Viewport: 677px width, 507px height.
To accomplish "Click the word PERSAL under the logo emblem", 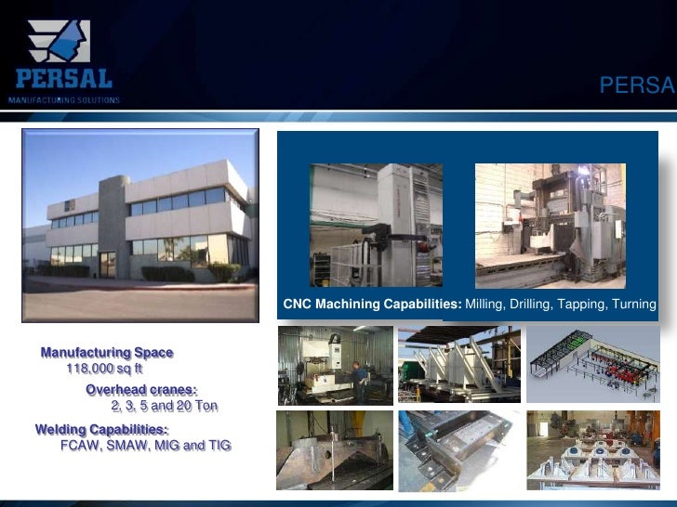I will [x=61, y=79].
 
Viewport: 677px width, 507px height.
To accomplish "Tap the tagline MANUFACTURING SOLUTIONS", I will [x=64, y=99].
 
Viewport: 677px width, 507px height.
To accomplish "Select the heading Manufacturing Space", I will [x=106, y=353].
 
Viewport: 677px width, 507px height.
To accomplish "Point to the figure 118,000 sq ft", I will [x=103, y=370].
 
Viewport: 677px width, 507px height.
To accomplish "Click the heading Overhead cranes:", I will [x=141, y=389].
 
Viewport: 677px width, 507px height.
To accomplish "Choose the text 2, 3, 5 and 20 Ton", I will [x=164, y=406].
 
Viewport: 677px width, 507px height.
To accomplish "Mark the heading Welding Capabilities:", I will [x=102, y=429].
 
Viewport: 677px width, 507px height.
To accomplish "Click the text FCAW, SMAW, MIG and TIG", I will [x=146, y=446].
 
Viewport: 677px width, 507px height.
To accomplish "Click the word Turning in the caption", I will [x=633, y=305].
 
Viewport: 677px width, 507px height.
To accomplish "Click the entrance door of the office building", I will [x=108, y=263].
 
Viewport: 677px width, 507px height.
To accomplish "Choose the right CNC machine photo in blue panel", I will [x=550, y=226].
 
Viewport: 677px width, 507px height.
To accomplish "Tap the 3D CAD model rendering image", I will [x=593, y=364].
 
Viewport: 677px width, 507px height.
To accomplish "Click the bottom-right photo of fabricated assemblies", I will [x=593, y=449].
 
